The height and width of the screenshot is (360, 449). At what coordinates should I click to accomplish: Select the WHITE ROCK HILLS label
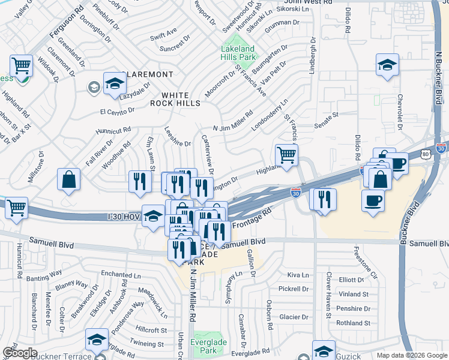pos(175,100)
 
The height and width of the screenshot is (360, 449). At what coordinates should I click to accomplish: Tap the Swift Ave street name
pos(163,30)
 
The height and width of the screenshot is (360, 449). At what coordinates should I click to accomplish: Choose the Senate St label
pos(327,114)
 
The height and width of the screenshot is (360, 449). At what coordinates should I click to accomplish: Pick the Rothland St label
pos(352,323)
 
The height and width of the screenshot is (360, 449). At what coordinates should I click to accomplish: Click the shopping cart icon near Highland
pos(287,154)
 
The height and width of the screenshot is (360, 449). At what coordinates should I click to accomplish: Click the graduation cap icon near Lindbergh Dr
pos(387,64)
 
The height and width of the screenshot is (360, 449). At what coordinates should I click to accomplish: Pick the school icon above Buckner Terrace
pos(97,340)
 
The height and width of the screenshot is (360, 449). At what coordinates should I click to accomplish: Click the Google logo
pos(20,353)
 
